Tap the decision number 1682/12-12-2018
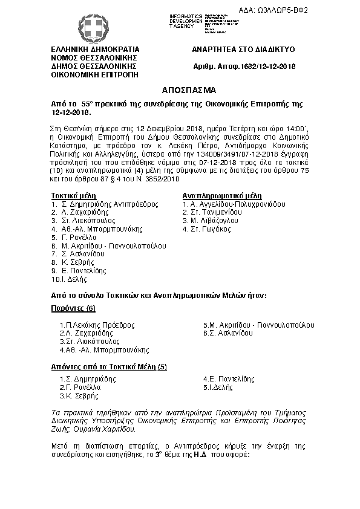243,66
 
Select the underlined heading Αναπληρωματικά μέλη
221,196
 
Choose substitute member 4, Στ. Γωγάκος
206,230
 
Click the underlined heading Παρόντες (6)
73,309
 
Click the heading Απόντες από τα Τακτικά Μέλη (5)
109,367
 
